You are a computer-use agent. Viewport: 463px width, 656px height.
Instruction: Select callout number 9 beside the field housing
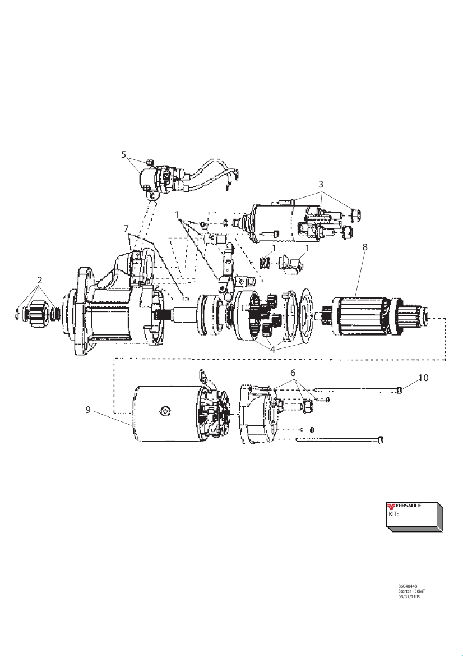(88, 410)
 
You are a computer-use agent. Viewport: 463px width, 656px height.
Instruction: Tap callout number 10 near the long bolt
(423, 378)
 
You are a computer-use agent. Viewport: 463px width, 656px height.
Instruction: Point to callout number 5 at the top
(124, 155)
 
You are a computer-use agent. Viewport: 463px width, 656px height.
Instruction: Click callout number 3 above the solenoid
(321, 184)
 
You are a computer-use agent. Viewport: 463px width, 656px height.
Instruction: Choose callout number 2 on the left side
(40, 279)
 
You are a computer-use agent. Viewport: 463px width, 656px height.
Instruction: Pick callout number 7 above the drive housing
(127, 228)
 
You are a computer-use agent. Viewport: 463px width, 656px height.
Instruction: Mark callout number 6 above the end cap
(293, 373)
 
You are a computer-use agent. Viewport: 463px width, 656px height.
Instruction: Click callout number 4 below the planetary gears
(272, 349)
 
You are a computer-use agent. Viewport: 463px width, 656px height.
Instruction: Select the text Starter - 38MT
(411, 591)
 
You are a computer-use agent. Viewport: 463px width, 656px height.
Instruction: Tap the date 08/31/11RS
(409, 597)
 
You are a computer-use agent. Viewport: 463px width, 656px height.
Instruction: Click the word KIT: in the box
(393, 513)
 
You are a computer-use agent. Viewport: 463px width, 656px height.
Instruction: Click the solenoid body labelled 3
(275, 222)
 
